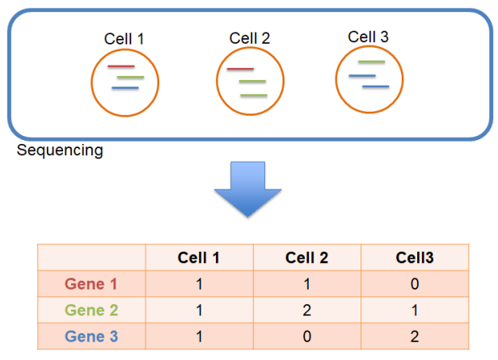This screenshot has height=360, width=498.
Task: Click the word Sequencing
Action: [60, 150]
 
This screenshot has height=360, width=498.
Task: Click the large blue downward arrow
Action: [248, 191]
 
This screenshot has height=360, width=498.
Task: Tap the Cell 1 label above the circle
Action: [124, 39]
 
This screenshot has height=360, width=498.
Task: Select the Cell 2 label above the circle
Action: [250, 39]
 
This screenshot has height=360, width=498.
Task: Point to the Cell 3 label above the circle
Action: [368, 37]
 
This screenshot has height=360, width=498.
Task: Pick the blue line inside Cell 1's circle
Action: [125, 87]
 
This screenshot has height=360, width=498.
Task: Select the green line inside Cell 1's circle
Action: [130, 78]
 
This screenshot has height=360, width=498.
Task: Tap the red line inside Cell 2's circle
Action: [241, 70]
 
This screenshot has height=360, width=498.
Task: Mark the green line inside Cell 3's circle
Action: [371, 62]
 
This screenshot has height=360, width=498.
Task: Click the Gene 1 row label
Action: [91, 284]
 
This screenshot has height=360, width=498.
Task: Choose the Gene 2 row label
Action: [91, 311]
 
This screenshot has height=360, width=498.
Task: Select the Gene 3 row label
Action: [91, 337]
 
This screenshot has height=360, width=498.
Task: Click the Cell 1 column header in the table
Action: [199, 257]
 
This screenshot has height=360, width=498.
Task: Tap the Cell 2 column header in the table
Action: [307, 257]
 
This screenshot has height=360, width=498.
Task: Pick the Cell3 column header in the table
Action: [415, 257]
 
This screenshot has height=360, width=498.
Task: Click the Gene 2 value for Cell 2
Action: [307, 311]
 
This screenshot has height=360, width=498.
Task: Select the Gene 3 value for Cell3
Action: [415, 337]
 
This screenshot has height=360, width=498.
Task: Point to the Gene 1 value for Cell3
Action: [415, 284]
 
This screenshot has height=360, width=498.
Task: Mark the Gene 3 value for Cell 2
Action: [307, 337]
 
